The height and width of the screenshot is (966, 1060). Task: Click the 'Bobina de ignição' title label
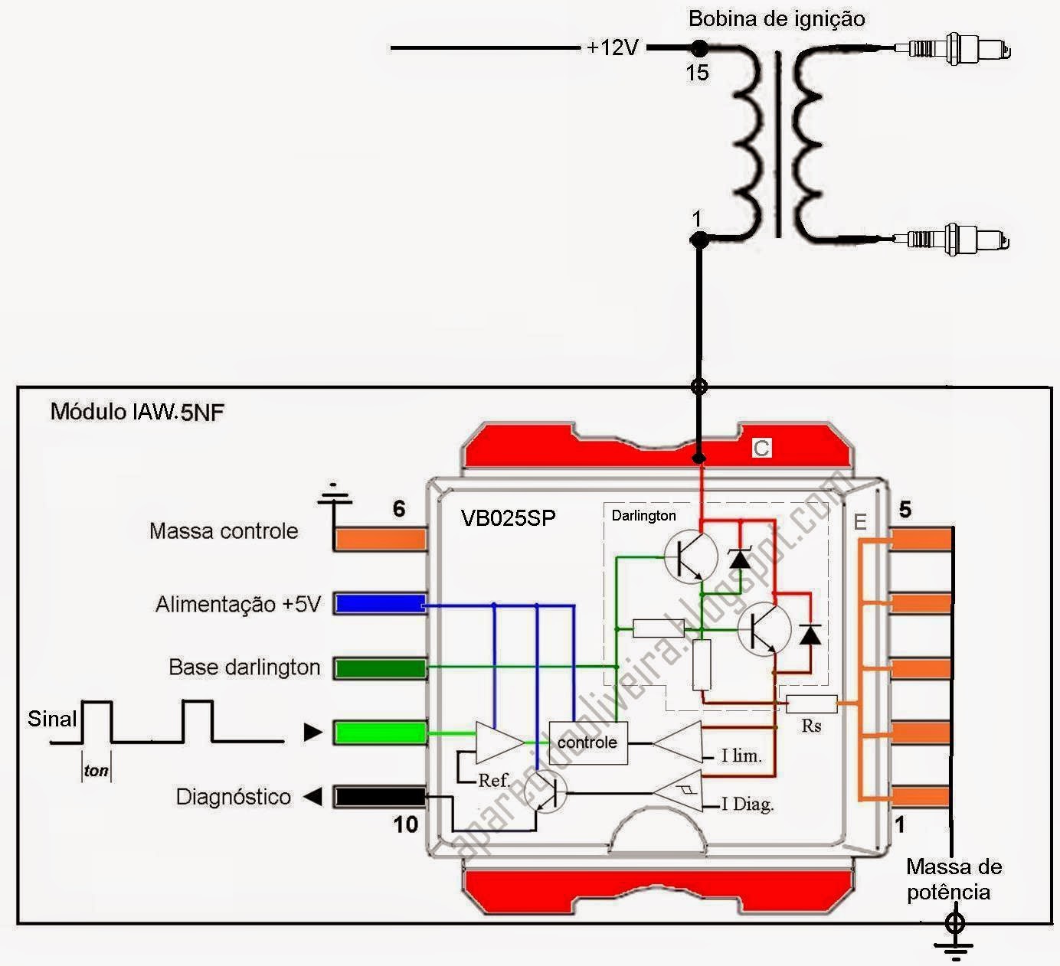pos(777,19)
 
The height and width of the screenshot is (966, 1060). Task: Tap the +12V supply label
pos(612,47)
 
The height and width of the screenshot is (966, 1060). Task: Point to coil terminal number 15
pos(697,73)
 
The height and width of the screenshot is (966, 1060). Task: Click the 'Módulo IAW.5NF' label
pos(137,412)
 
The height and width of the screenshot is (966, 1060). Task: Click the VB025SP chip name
pos(508,518)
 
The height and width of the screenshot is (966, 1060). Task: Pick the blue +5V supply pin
pos(381,604)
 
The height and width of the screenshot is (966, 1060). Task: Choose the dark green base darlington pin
pos(381,668)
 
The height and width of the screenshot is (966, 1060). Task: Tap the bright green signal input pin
pos(381,733)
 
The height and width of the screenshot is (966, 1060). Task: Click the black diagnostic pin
pos(381,797)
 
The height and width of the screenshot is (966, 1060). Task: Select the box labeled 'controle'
pos(587,742)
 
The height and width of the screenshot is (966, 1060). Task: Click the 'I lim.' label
pos(741,756)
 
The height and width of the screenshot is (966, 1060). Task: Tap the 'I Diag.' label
pos(748,804)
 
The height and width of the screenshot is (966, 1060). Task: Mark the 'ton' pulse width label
pos(97,771)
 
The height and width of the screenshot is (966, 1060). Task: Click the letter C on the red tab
pos(761,449)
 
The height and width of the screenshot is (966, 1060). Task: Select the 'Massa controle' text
pos(224,531)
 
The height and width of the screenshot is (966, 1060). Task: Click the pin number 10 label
pos(406,824)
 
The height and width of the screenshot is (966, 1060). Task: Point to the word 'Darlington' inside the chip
pos(643,516)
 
